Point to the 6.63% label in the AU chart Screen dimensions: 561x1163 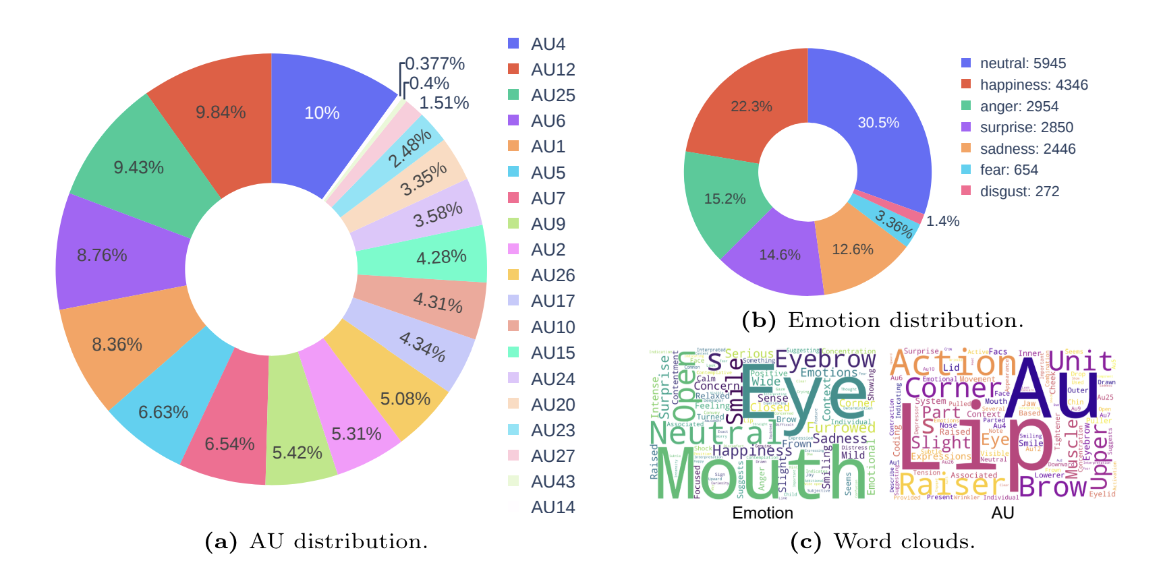(x=163, y=412)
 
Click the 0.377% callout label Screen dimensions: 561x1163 (x=434, y=63)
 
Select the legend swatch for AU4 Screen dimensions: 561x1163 (x=513, y=44)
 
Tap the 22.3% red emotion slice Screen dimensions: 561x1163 (x=751, y=107)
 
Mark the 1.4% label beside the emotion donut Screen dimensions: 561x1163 (x=942, y=221)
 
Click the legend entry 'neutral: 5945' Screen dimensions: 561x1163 (x=1023, y=63)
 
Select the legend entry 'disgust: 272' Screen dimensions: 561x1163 (x=1019, y=191)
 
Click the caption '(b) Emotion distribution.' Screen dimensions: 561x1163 (x=882, y=320)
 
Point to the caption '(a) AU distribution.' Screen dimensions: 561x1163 (x=316, y=541)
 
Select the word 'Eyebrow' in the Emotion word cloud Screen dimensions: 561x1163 (x=825, y=359)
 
